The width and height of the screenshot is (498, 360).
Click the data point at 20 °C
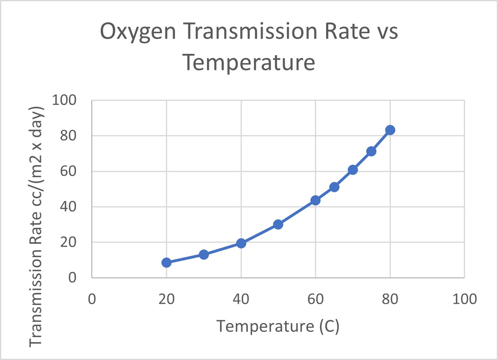[166, 262]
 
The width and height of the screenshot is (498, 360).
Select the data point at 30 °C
[204, 254]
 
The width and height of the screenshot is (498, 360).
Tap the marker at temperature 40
[241, 243]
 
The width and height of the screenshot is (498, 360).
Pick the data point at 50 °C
[278, 224]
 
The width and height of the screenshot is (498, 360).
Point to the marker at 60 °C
[315, 200]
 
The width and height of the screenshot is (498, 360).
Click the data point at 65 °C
[334, 187]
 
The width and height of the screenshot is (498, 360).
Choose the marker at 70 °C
[353, 170]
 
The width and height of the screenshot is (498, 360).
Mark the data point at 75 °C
[371, 151]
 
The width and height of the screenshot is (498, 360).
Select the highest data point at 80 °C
[390, 130]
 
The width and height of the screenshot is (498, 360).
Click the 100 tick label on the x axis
[464, 299]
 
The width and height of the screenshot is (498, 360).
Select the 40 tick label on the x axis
[241, 299]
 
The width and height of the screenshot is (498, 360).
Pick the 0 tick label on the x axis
[92, 299]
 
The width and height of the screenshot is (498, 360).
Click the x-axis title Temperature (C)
[278, 327]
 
